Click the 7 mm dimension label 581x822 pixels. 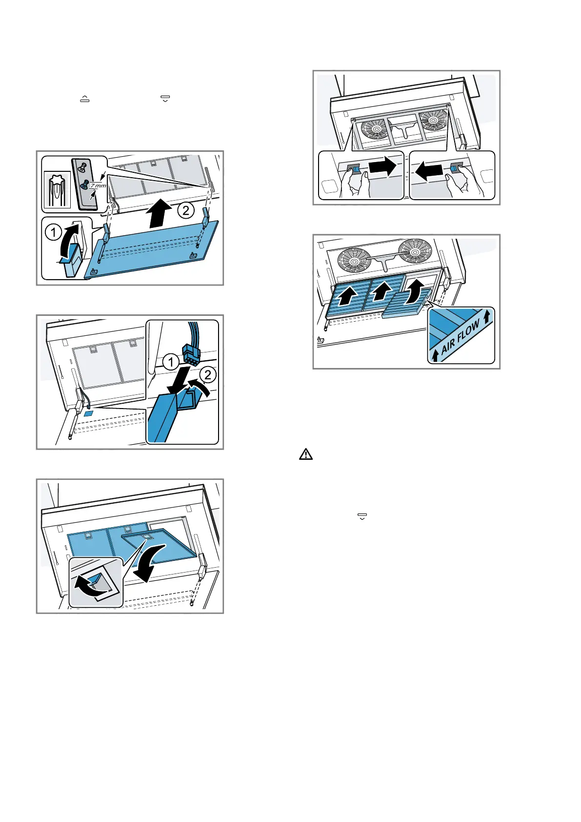(98, 185)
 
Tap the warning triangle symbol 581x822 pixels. (305, 454)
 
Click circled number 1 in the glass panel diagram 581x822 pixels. (54, 232)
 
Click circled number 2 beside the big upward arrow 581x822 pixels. (185, 211)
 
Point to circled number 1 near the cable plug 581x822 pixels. (171, 362)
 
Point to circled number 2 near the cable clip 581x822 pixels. (208, 374)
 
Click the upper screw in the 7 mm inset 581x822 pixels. (82, 166)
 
